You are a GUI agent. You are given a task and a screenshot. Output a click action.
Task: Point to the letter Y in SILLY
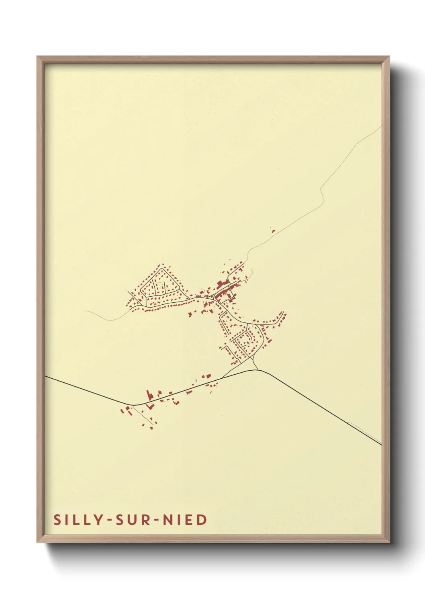coord(99,519)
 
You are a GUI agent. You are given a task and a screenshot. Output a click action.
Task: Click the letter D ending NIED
coord(202,519)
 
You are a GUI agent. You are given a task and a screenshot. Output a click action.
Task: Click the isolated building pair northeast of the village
coord(273,230)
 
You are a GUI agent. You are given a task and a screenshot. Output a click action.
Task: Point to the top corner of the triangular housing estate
coord(162,265)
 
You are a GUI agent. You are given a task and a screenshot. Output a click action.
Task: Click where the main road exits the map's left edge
coord(45,376)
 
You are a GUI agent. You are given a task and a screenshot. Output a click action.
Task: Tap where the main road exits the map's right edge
coord(381,445)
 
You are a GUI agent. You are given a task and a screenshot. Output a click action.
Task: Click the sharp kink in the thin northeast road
coord(321,192)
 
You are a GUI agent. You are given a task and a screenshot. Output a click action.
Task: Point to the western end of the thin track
coord(85,311)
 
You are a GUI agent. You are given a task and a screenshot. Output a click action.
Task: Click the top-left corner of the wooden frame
coord(37,57)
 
